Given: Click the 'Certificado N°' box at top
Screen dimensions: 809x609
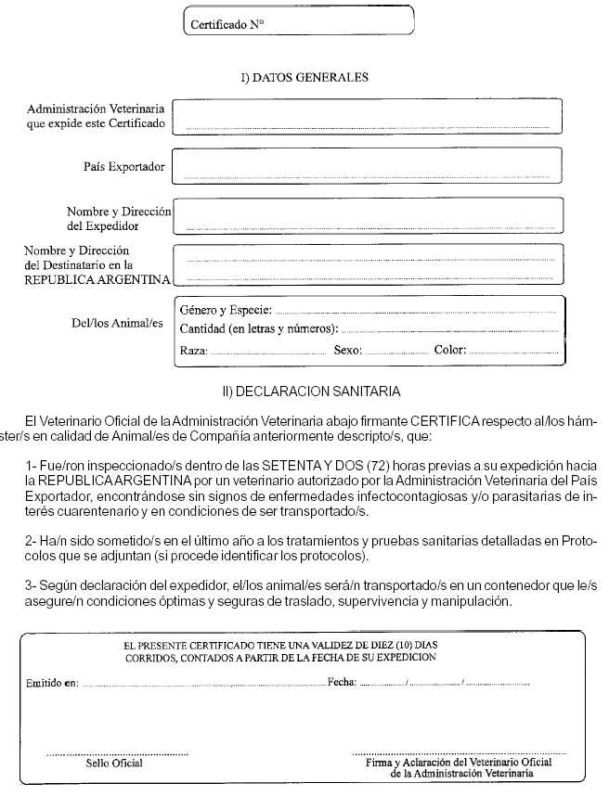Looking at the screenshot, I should [298, 21].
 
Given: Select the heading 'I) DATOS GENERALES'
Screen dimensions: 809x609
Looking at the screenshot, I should [304, 78].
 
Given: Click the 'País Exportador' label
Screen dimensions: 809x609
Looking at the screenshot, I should [123, 167].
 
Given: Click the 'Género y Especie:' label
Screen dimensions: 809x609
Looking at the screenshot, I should [226, 310].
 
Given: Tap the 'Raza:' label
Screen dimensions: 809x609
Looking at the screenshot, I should [193, 351].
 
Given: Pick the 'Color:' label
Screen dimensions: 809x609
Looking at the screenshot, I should [450, 351].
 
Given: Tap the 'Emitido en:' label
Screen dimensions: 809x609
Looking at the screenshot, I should [52, 684].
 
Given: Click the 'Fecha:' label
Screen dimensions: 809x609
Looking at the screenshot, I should [341, 684].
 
